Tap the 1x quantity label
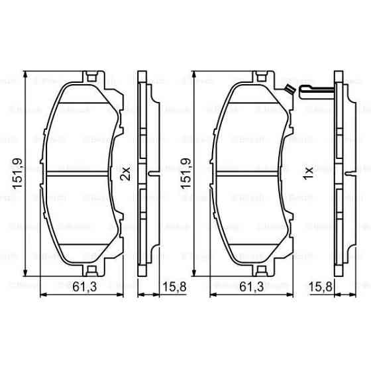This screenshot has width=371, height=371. tap(307, 174)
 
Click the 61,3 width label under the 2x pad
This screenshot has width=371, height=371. tap(81, 287)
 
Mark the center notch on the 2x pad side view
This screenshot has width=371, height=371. tap(152, 174)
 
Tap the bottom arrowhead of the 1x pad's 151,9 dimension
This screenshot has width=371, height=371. tap(194, 273)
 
